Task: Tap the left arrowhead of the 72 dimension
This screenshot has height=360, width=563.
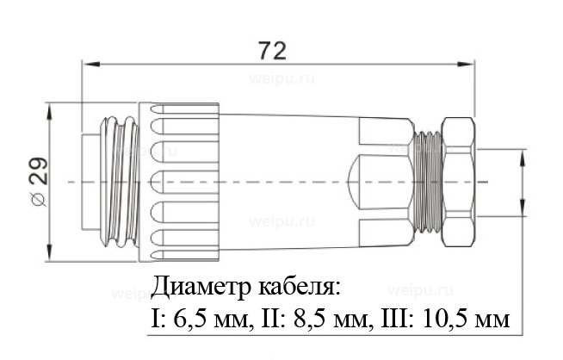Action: (x=87, y=62)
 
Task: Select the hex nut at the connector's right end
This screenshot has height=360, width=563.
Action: (x=456, y=182)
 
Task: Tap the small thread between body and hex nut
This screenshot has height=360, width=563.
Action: (x=425, y=182)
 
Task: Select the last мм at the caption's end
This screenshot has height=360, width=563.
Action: (x=491, y=320)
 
